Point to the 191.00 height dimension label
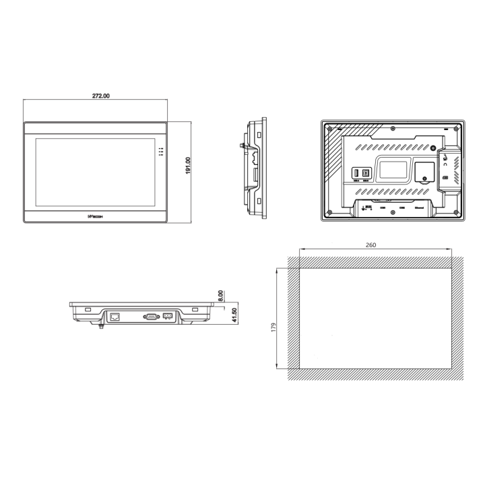tap(188, 166)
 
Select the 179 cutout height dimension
tap(273, 327)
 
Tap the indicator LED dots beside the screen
tap(160, 152)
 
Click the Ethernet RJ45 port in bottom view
tap(115, 316)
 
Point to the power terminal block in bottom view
tap(168, 316)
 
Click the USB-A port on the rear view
tap(356, 173)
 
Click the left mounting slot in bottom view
tap(88, 309)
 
